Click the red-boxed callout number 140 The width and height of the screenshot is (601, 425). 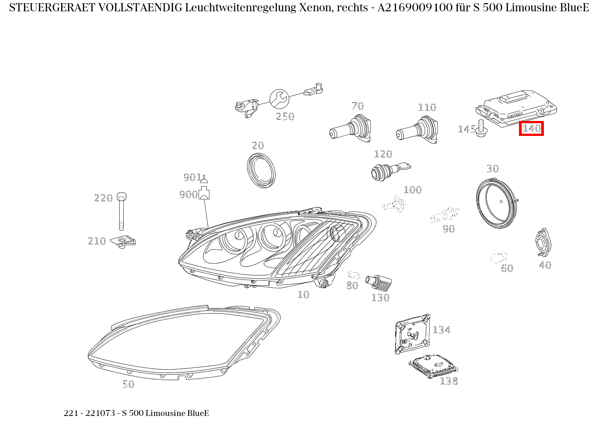tap(531, 129)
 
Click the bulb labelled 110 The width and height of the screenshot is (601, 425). tap(417, 130)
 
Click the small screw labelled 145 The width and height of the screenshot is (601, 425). tap(481, 128)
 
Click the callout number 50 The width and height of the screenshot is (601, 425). tap(128, 384)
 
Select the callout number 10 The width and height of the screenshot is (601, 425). tap(303, 295)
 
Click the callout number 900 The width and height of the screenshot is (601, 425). tap(188, 194)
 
